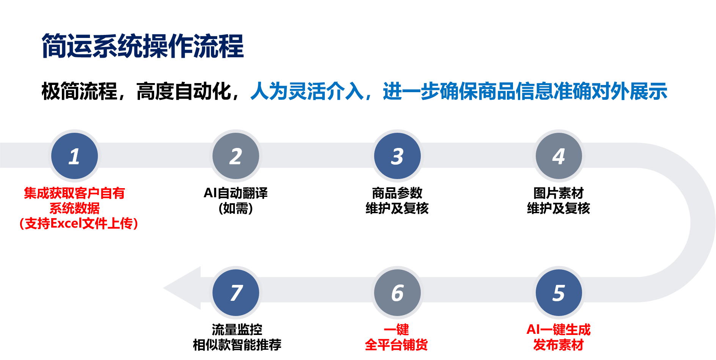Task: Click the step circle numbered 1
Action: coord(74,156)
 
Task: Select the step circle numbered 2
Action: coord(236,156)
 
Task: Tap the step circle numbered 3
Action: coord(397,156)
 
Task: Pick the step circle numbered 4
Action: coord(559,156)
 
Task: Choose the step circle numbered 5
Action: coord(559,292)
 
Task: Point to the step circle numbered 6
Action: coord(397,292)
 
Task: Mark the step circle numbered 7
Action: coord(236,292)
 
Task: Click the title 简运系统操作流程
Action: coord(142,46)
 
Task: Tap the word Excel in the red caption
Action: coord(66,223)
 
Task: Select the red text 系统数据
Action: coord(74,208)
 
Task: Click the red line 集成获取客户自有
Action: coord(74,193)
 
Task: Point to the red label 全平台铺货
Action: coord(396,344)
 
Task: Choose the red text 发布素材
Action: coord(558,344)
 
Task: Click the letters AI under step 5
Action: coord(533,329)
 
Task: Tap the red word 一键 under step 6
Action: coord(397,329)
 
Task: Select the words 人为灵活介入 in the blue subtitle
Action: coord(307,91)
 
